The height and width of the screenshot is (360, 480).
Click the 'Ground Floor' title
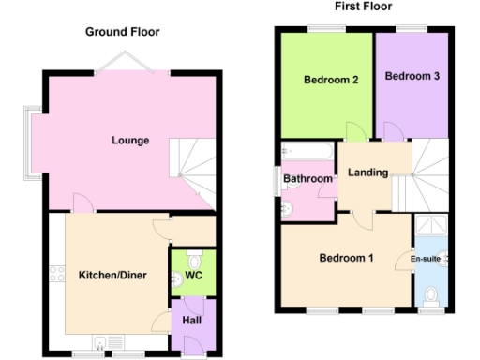point(122,32)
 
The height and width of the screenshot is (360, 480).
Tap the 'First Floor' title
point(362,6)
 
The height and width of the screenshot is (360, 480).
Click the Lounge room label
point(130,141)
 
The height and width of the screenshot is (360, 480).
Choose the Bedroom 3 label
point(412,76)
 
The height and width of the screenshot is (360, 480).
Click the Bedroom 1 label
point(346,258)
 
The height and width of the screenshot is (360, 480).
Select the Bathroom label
point(308,178)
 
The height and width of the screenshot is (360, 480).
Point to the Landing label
point(367,173)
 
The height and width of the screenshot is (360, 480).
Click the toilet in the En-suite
point(431,295)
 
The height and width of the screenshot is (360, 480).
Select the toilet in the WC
point(194,258)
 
